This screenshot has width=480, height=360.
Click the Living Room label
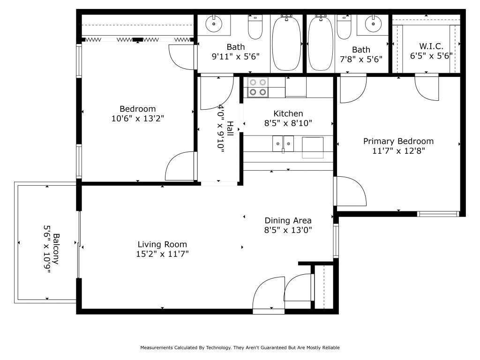(162, 244)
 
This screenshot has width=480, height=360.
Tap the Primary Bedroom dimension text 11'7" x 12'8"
(398, 151)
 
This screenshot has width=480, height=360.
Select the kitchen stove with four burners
(258, 87)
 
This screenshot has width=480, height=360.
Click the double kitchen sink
(283, 143)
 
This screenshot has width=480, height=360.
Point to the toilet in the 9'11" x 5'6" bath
(255, 27)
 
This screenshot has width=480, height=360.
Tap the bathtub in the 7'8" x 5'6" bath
(321, 43)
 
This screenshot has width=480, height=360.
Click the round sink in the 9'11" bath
(214, 23)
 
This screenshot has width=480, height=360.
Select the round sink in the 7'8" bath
(373, 23)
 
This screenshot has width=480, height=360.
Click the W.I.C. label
(431, 46)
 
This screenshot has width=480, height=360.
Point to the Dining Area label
(288, 220)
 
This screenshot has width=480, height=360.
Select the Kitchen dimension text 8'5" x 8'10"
(288, 123)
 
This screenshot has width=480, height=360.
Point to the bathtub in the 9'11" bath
(286, 43)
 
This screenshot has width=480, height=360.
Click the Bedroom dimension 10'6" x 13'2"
(138, 119)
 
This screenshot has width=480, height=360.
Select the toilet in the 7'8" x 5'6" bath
(344, 27)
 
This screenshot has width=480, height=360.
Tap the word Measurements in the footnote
(157, 347)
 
